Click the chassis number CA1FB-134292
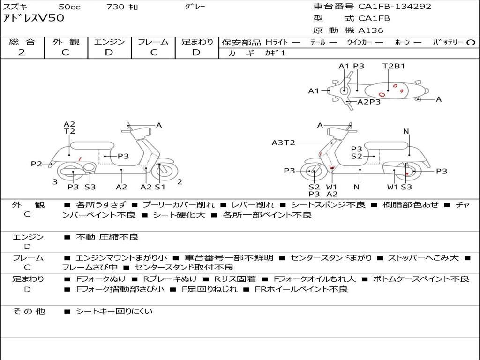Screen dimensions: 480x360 pos(395,7)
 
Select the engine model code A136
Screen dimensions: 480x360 pos(371,30)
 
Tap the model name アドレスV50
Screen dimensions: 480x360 pos(34,19)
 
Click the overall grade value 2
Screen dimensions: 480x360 pos(22,52)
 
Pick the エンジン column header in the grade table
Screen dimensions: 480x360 pos(109,42)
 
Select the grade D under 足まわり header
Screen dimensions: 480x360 pos(197,52)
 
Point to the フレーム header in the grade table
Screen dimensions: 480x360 pos(153,42)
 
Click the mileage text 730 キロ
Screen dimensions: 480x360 pos(123,7)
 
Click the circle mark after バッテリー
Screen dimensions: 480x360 pos(471,42)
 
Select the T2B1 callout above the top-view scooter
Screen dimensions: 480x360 pos(394,66)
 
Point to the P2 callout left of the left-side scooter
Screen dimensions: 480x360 pos(37,164)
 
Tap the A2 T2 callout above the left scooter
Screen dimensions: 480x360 pos(69,127)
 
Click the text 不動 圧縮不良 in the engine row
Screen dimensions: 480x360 pos(107,237)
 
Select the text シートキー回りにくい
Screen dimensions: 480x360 pos(114,311)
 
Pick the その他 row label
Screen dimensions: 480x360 pos(29,311)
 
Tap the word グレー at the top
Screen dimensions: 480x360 pos(195,7)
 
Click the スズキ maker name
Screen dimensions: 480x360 pos(15,7)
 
